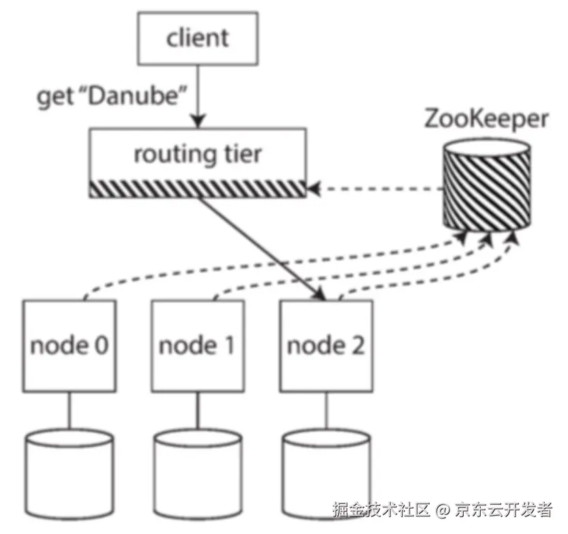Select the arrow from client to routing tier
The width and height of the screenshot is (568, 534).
198,102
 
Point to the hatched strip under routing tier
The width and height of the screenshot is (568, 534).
198,188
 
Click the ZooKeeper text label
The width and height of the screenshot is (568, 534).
486,119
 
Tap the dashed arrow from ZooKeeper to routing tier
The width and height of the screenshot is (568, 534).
375,188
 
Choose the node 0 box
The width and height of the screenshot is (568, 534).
68,346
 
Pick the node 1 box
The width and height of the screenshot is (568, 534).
198,346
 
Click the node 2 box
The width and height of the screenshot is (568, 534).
326,346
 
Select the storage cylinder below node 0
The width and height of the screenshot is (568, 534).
68,470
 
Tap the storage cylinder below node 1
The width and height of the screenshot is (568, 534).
198,470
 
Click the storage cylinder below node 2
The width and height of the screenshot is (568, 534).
326,470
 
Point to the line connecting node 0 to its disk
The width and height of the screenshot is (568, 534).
68,411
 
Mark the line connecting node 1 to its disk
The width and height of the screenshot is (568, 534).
198,411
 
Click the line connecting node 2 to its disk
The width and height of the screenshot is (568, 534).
326,411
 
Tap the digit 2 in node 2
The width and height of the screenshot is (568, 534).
356,346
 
